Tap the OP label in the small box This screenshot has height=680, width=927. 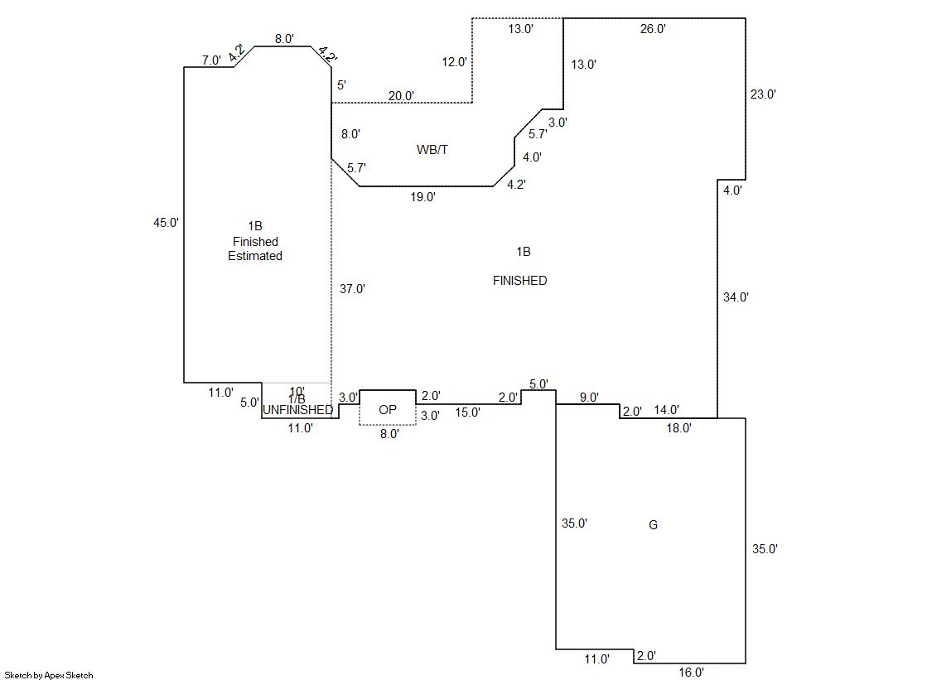[388, 410]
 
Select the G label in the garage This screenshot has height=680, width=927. [653, 525]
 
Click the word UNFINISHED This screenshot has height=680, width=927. [298, 410]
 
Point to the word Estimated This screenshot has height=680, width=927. [255, 256]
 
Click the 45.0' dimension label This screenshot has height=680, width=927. [167, 222]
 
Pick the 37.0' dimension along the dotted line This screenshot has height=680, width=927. [353, 289]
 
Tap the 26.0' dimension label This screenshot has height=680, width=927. [653, 29]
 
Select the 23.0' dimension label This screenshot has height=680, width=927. [763, 94]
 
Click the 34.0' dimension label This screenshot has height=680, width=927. [736, 297]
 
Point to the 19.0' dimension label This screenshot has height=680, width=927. [422, 197]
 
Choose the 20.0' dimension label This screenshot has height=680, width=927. [402, 96]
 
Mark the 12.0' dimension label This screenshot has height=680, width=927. [455, 61]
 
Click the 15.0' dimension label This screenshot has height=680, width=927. [467, 412]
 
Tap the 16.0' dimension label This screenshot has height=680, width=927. [691, 673]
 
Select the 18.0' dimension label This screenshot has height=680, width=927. [678, 428]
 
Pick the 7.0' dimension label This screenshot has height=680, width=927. [211, 60]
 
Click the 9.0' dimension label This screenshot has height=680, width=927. [589, 398]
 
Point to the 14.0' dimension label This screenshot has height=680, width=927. [667, 409]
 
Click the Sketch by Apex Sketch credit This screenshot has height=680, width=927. [49, 675]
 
